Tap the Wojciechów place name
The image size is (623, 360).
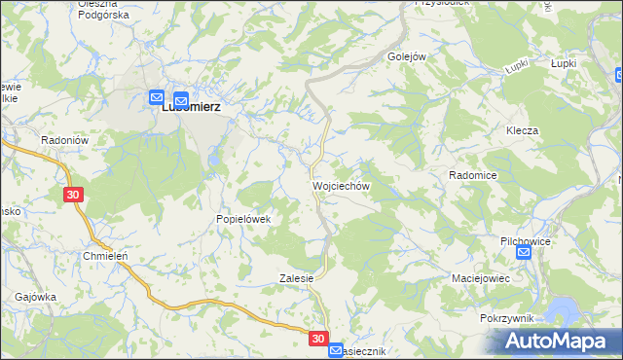pos(340,185)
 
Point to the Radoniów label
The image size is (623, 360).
pos(65,140)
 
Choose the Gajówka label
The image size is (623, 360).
pos(35,297)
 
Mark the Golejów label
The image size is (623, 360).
pos(408,56)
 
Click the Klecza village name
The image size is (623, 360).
pos(522,130)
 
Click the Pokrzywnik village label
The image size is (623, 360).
pos(505,318)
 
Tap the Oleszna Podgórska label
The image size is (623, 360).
pos(97,10)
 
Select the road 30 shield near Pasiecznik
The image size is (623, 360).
pos(319,339)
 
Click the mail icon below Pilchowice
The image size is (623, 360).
pos(524,253)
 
